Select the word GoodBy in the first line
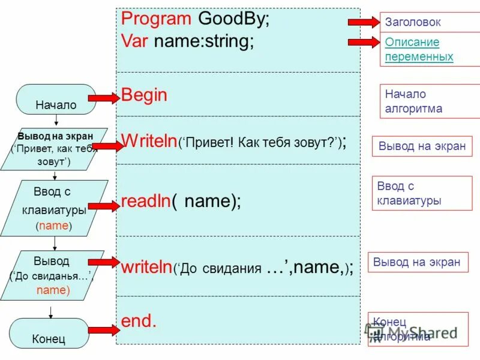[x=233, y=18]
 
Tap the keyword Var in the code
[x=135, y=41]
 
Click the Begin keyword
[x=144, y=95]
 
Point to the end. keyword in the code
[x=139, y=320]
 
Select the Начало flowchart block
[x=56, y=100]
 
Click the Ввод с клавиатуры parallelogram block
[x=55, y=208]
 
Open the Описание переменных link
[x=419, y=50]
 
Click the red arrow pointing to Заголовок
[x=361, y=22]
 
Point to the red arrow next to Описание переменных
[x=361, y=42]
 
